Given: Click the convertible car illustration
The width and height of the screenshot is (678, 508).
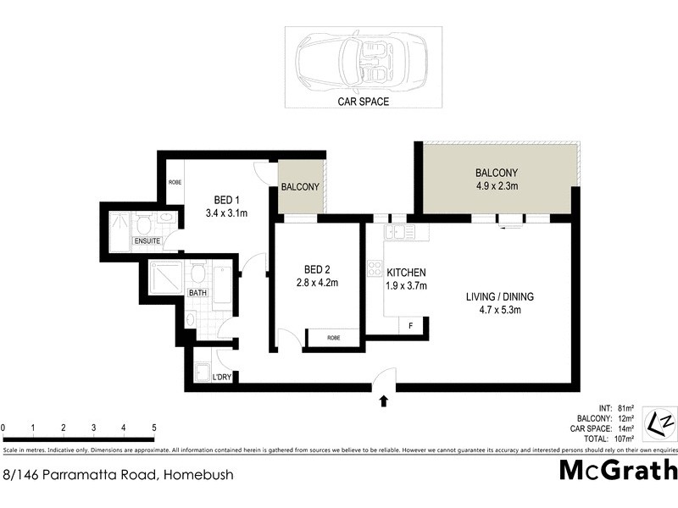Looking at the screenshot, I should pos(360,63).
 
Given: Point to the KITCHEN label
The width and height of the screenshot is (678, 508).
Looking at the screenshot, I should pos(406,273).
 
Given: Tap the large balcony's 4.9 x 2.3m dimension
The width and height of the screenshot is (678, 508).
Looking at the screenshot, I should pos(496,186).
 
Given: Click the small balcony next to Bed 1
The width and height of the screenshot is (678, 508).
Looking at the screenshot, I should pos(301,187).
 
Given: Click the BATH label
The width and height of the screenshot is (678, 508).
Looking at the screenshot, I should pos(197,293).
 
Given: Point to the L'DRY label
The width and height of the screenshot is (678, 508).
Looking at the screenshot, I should pos(222,377).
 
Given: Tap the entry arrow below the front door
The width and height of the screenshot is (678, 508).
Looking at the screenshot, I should pos(384,401).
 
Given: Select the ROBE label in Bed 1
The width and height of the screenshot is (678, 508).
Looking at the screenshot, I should pos(175,182).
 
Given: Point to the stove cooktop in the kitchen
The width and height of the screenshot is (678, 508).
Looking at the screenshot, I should pos(374,269).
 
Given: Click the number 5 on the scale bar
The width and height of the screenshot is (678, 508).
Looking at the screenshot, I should pos(153,428).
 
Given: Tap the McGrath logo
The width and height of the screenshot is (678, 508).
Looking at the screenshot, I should pos(618,470).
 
